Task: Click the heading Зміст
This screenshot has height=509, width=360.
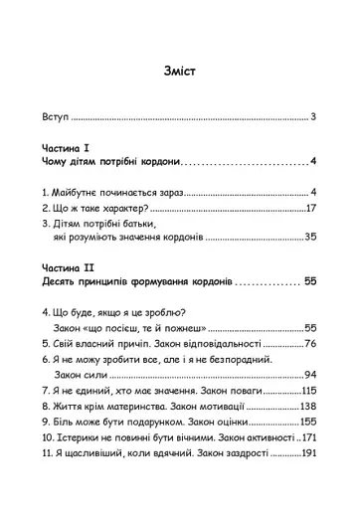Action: click(180, 73)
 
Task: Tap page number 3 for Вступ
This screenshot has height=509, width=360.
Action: click(312, 117)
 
